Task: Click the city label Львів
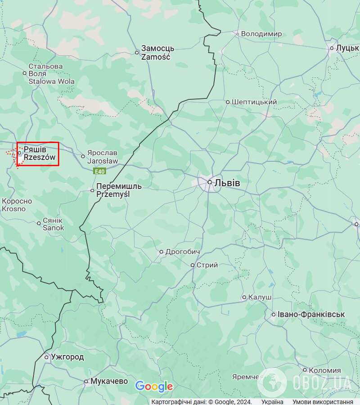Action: pos(227,183)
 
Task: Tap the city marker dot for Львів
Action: pos(210,182)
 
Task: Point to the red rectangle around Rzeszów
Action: pos(38,143)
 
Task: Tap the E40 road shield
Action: pos(99,171)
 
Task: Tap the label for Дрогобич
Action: pos(183,252)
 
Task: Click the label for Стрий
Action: pos(207,265)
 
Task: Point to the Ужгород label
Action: pos(67,357)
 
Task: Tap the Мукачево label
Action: pos(109,381)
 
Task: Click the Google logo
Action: pos(154,386)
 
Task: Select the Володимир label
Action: pos(261,34)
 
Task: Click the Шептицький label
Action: pos(254,102)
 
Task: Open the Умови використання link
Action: pos(323,402)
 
